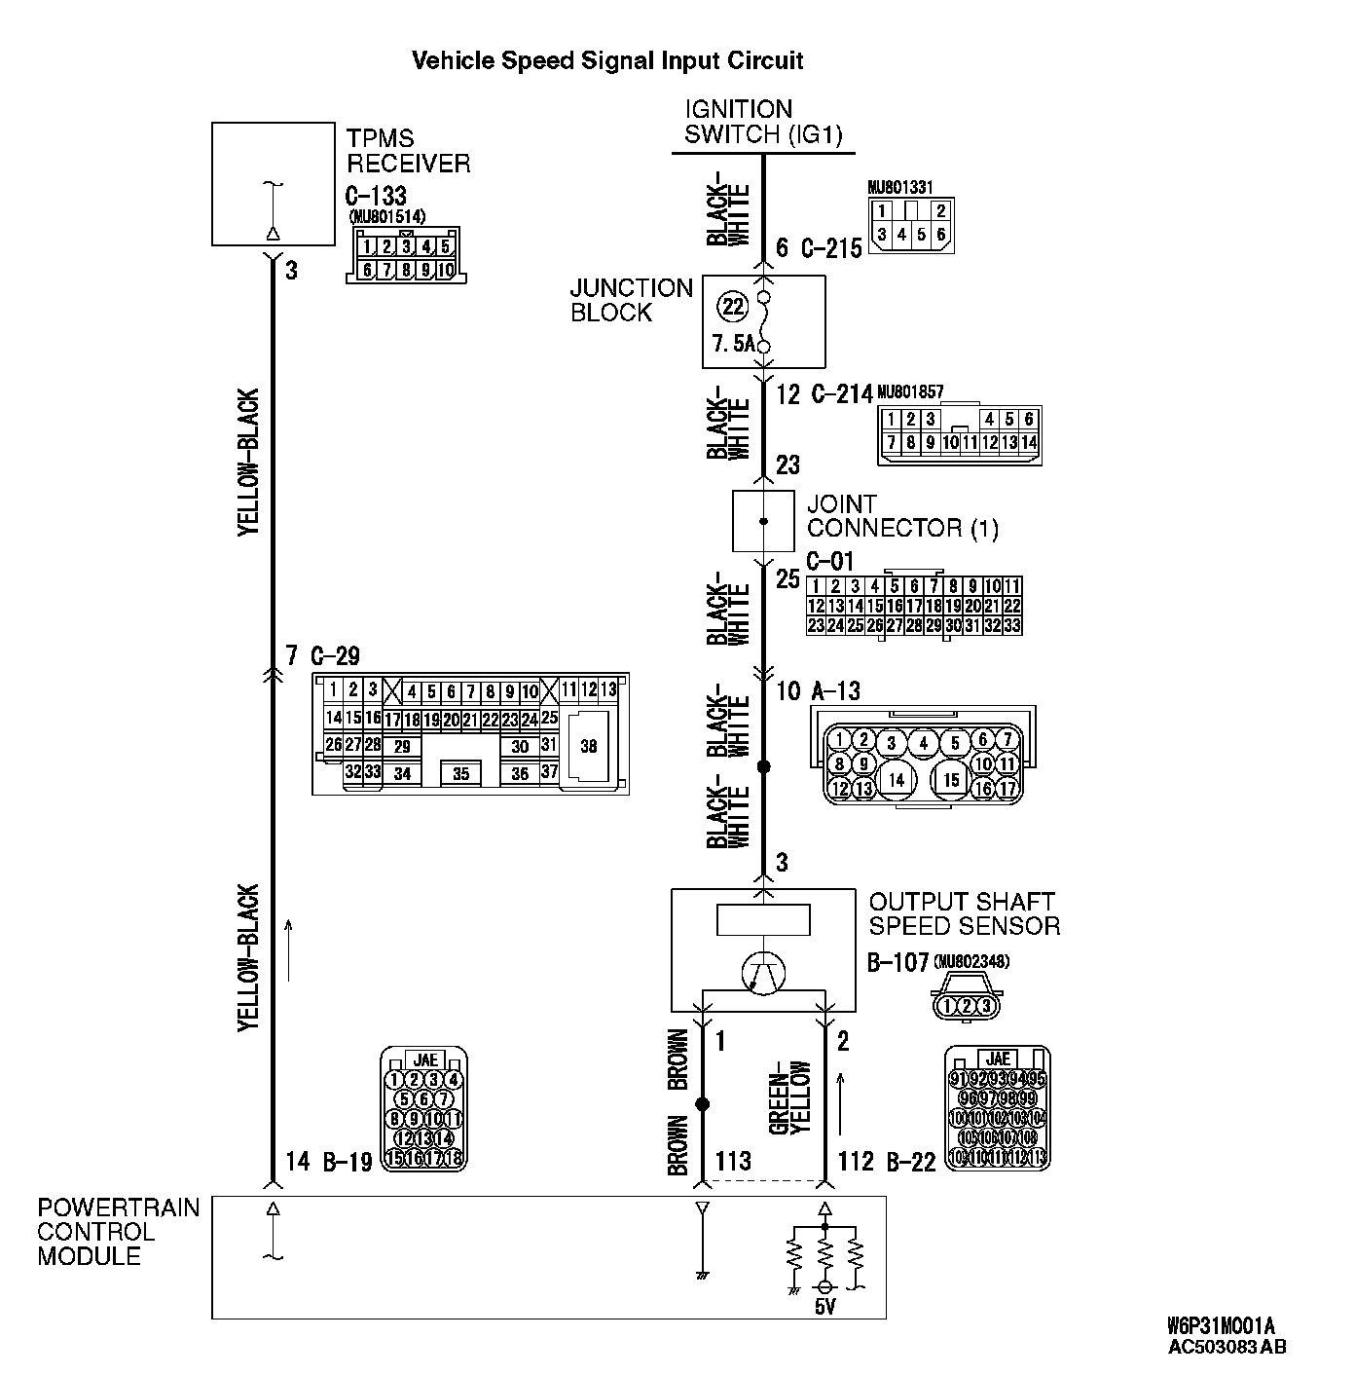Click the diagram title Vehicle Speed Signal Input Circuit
tap(607, 60)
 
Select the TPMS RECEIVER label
tap(408, 151)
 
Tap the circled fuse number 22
tap(732, 308)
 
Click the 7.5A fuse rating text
tap(734, 344)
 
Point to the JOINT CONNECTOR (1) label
tap(902, 516)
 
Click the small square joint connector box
tap(763, 521)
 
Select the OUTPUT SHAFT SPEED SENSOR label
tap(964, 913)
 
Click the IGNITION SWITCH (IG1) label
tap(763, 122)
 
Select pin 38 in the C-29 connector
tap(588, 746)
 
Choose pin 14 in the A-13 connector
tap(897, 779)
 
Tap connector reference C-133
tap(376, 196)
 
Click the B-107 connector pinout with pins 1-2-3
tap(966, 1005)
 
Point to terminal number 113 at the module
tap(733, 1161)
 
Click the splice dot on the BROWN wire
tap(702, 1104)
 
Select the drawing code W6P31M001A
tap(1221, 1327)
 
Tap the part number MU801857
tap(910, 391)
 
